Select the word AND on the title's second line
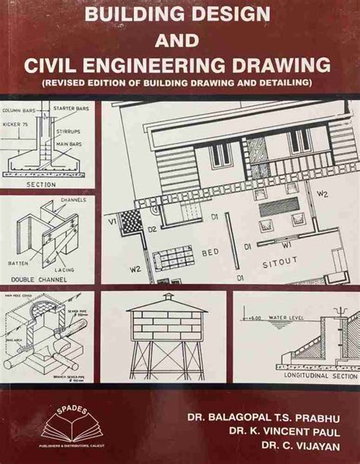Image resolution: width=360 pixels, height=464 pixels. [180, 37]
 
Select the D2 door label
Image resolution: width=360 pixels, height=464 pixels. [152, 228]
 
